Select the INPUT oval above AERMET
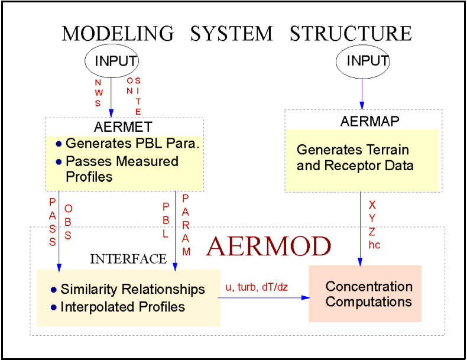[x=112, y=61]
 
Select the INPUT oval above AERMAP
[x=363, y=61]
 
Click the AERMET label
[x=123, y=127]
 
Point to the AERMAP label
[x=370, y=122]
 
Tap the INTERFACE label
[x=128, y=259]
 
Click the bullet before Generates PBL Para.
[x=58, y=144]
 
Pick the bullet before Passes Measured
[x=58, y=162]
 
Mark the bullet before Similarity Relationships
[x=53, y=290]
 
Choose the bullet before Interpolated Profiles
[x=53, y=307]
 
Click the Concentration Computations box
[x=365, y=294]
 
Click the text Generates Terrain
[x=352, y=150]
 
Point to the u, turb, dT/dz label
[x=257, y=287]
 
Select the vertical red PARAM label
[x=186, y=225]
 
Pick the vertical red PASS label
[x=53, y=222]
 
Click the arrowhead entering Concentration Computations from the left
[x=305, y=298]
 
